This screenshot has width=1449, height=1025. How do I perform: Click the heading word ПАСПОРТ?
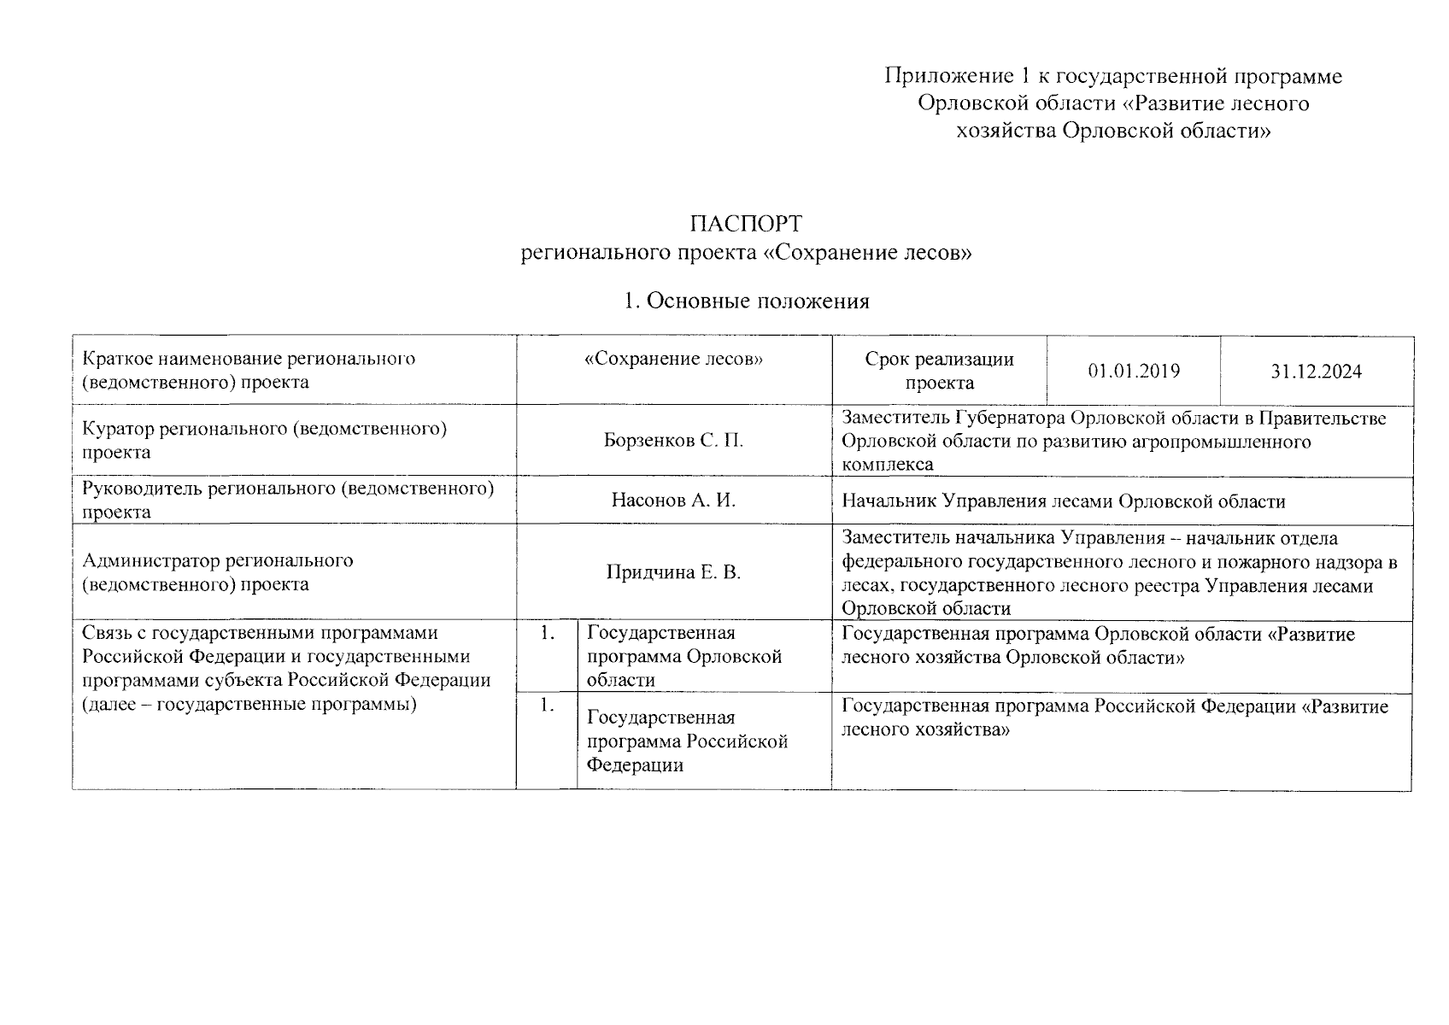tap(746, 224)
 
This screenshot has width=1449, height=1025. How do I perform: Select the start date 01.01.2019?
tap(1134, 371)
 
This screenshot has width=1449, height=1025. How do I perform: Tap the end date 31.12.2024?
tap(1316, 372)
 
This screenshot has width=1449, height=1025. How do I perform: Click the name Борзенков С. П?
tap(673, 441)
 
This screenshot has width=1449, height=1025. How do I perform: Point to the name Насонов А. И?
tap(673, 501)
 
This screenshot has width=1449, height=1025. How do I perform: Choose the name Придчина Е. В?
tap(673, 572)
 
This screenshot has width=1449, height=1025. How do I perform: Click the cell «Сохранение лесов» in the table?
tap(673, 359)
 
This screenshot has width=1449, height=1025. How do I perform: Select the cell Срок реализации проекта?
tap(939, 371)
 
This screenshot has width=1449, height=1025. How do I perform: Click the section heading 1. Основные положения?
tap(746, 301)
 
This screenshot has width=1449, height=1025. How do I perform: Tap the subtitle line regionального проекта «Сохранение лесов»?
tap(746, 254)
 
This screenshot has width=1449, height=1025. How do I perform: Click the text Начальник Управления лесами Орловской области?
tap(1063, 501)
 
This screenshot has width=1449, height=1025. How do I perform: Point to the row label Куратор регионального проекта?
tap(264, 440)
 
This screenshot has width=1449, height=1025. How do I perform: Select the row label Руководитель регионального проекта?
tap(288, 500)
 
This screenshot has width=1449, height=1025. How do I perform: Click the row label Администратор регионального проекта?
tap(217, 572)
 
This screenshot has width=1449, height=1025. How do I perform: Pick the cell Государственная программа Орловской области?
tap(683, 656)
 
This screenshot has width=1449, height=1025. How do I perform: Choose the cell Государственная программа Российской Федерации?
tap(686, 741)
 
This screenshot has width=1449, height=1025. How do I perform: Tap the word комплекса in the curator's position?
tap(887, 465)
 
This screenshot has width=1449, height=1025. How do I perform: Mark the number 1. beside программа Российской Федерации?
tap(547, 706)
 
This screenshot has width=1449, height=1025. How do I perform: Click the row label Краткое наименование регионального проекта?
tap(249, 370)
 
